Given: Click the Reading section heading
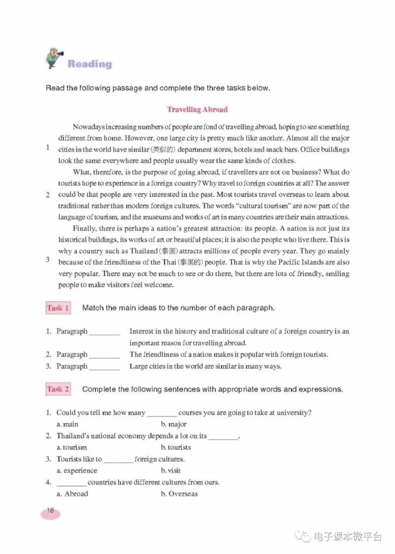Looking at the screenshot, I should (x=89, y=64).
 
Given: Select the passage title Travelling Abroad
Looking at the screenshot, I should (x=197, y=109).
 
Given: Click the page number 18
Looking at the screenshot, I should (x=51, y=511).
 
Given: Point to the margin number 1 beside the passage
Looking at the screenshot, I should (x=47, y=147).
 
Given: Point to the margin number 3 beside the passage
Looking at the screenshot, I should (x=47, y=260).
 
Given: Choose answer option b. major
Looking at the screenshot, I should (x=173, y=424).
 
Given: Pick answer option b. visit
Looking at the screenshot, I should (x=171, y=471).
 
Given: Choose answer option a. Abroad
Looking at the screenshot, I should (x=72, y=494).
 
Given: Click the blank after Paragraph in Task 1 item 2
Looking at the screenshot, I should (x=105, y=355).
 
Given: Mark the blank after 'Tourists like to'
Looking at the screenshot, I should (x=118, y=460).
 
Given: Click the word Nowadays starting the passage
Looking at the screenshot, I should (x=88, y=127).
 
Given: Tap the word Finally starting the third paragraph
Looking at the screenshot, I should (x=84, y=228).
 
